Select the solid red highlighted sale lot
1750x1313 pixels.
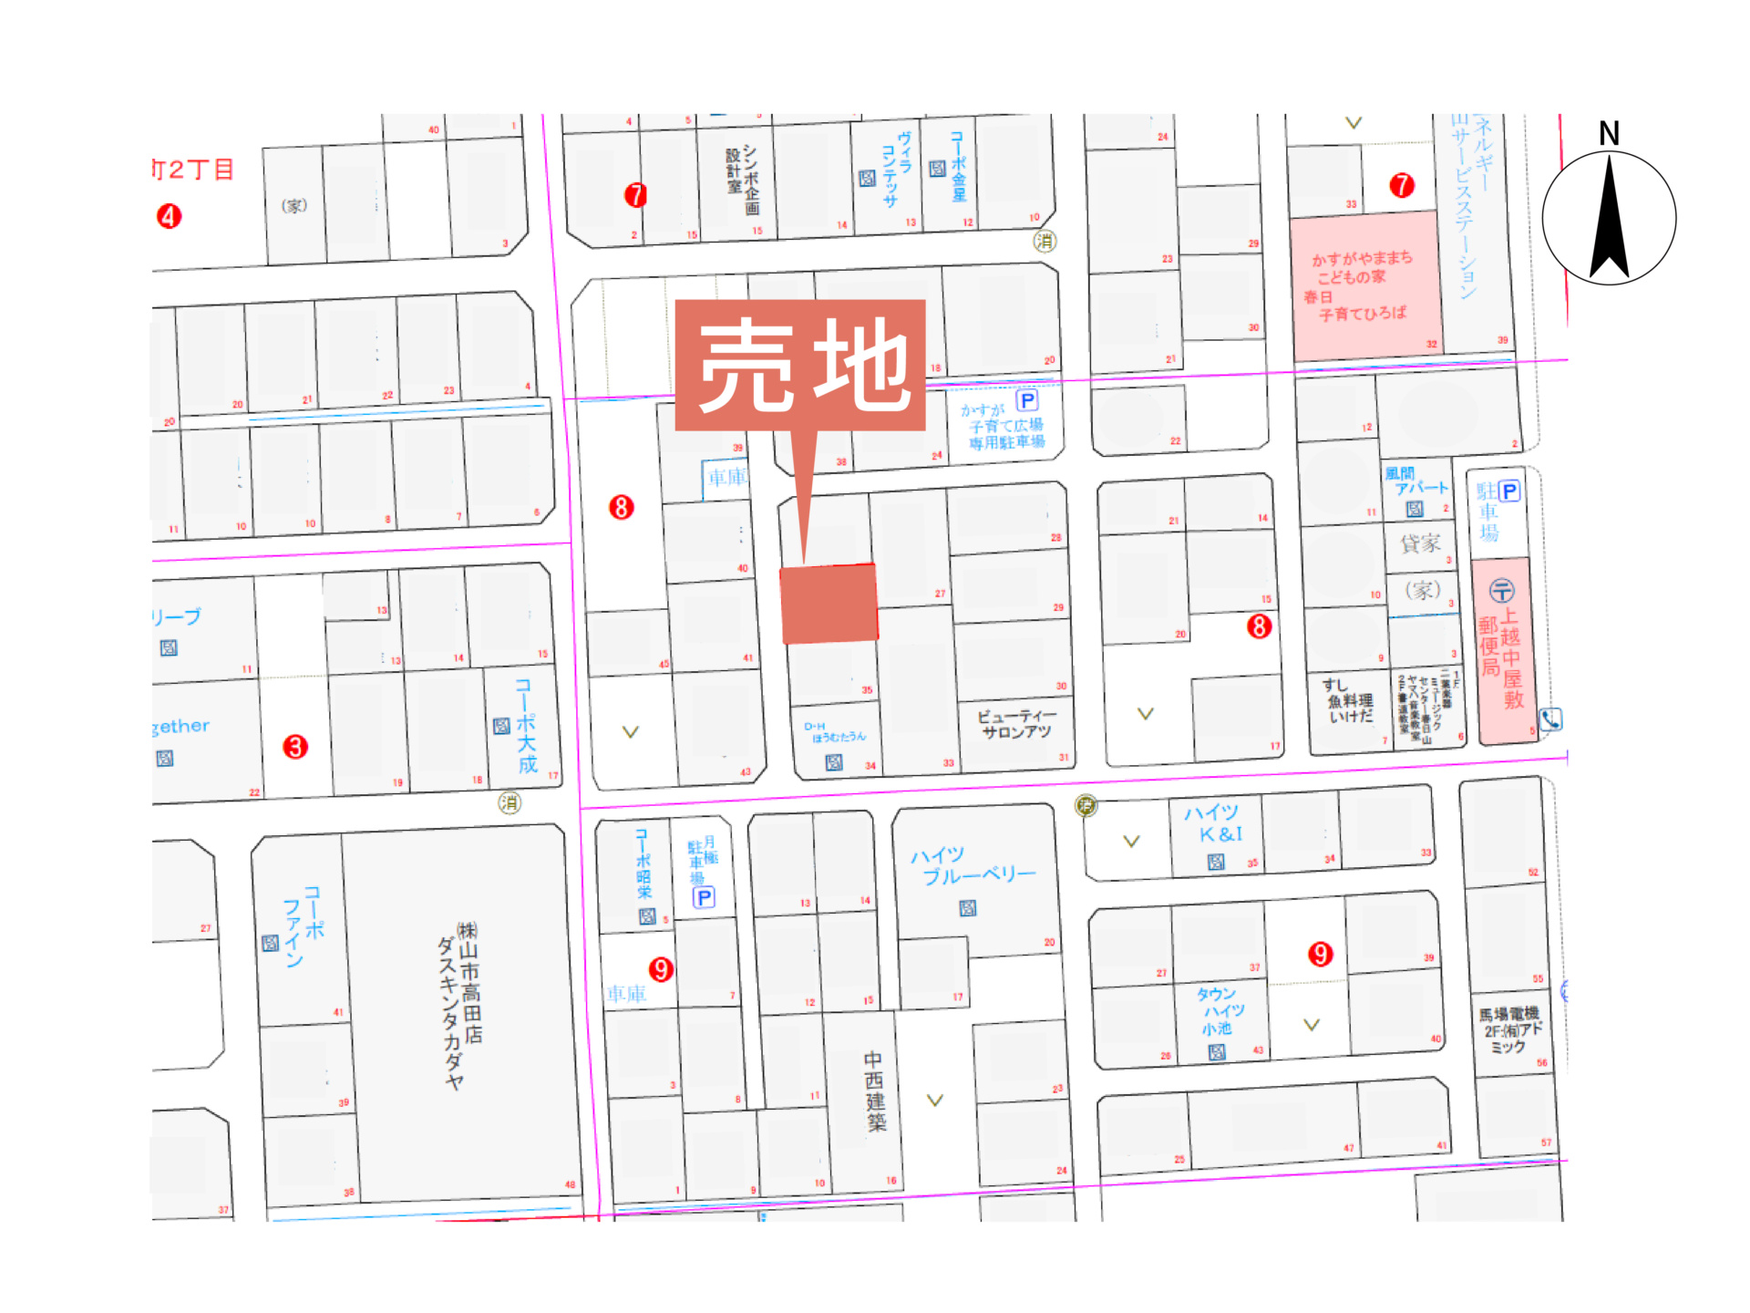pyautogui.click(x=829, y=604)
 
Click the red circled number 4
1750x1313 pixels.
pyautogui.click(x=169, y=216)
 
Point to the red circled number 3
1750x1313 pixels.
pyautogui.click(x=295, y=747)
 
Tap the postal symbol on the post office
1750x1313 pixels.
pyautogui.click(x=1501, y=591)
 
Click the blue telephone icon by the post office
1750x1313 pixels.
pyautogui.click(x=1550, y=719)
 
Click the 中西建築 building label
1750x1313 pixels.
pyautogui.click(x=874, y=1091)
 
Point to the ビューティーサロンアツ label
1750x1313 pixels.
pyautogui.click(x=1016, y=724)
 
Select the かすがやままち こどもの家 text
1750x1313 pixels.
pyautogui.click(x=1362, y=266)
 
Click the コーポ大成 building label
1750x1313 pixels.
pyautogui.click(x=526, y=726)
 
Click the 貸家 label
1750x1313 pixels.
pyautogui.click(x=1420, y=543)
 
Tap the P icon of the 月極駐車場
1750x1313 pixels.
pyautogui.click(x=704, y=897)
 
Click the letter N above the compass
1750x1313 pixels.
pyautogui.click(x=1609, y=134)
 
